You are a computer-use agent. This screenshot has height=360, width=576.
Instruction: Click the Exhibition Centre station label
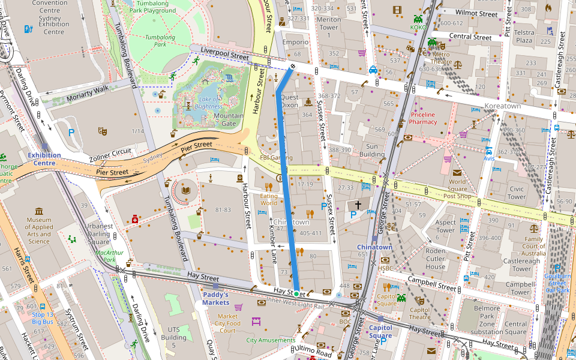[x=44, y=159]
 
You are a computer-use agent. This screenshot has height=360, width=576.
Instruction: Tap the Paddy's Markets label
[x=215, y=298]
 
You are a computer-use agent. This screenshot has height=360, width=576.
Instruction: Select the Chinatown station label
[x=374, y=247]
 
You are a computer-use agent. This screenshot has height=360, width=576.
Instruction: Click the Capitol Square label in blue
[x=380, y=332]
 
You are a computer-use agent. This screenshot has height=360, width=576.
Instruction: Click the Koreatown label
[x=502, y=106]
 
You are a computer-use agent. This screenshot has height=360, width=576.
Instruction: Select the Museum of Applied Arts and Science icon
[x=39, y=211]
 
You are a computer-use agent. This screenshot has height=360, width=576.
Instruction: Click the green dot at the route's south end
[x=296, y=292]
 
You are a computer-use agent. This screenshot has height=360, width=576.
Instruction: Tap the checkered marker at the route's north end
[x=292, y=66]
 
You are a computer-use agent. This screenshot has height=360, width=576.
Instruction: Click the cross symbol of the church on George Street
[x=358, y=205]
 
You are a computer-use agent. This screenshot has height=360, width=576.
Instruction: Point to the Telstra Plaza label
[x=524, y=37]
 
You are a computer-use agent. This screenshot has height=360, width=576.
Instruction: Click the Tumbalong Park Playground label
[x=152, y=7]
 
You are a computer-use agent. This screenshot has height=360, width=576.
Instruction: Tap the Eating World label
[x=269, y=199]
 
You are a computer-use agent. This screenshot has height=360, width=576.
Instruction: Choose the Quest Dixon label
[x=290, y=101]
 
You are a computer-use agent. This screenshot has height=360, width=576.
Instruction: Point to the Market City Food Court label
[x=228, y=323]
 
